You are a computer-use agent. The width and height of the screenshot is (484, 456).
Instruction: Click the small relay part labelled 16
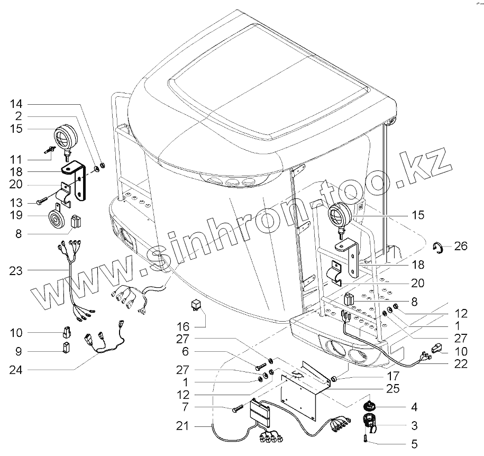pos(196,305)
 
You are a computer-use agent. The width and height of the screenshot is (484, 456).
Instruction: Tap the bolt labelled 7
pos(236,408)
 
